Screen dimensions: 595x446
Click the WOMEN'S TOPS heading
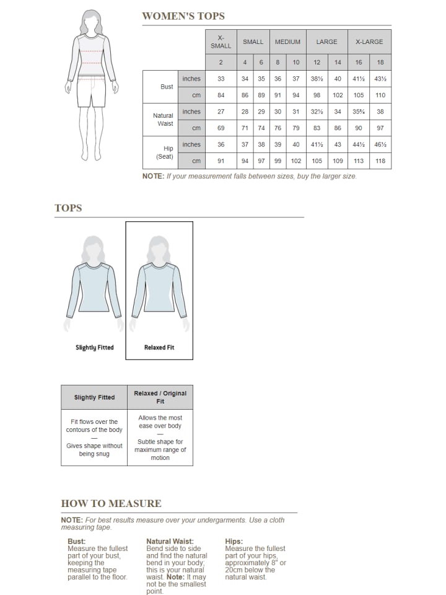click(183, 16)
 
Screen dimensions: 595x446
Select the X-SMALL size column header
click(221, 42)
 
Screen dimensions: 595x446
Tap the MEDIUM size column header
click(287, 42)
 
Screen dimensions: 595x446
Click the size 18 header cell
click(380, 62)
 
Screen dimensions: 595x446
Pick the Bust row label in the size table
click(167, 87)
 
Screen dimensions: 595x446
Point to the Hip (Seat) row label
click(165, 152)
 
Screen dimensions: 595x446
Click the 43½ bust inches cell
click(380, 79)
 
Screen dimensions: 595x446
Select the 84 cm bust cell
click(221, 95)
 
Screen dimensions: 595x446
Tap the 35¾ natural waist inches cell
click(359, 112)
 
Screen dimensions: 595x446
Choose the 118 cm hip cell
click(380, 161)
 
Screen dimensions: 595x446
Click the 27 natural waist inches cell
click(221, 112)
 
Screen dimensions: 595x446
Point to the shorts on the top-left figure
click(92, 92)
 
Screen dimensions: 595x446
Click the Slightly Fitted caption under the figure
click(95, 348)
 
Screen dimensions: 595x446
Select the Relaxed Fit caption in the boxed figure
click(159, 348)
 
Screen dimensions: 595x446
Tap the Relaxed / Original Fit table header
click(160, 397)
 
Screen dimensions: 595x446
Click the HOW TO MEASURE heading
click(111, 503)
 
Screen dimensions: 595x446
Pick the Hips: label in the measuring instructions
click(234, 541)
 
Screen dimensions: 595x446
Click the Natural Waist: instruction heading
click(170, 541)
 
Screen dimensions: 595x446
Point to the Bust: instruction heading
click(77, 541)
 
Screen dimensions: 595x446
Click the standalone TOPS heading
click(68, 208)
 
